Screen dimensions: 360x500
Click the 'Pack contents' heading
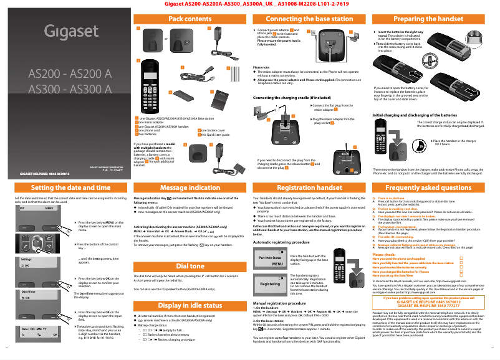tap(190, 19)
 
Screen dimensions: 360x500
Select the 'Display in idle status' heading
tap(190, 305)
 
